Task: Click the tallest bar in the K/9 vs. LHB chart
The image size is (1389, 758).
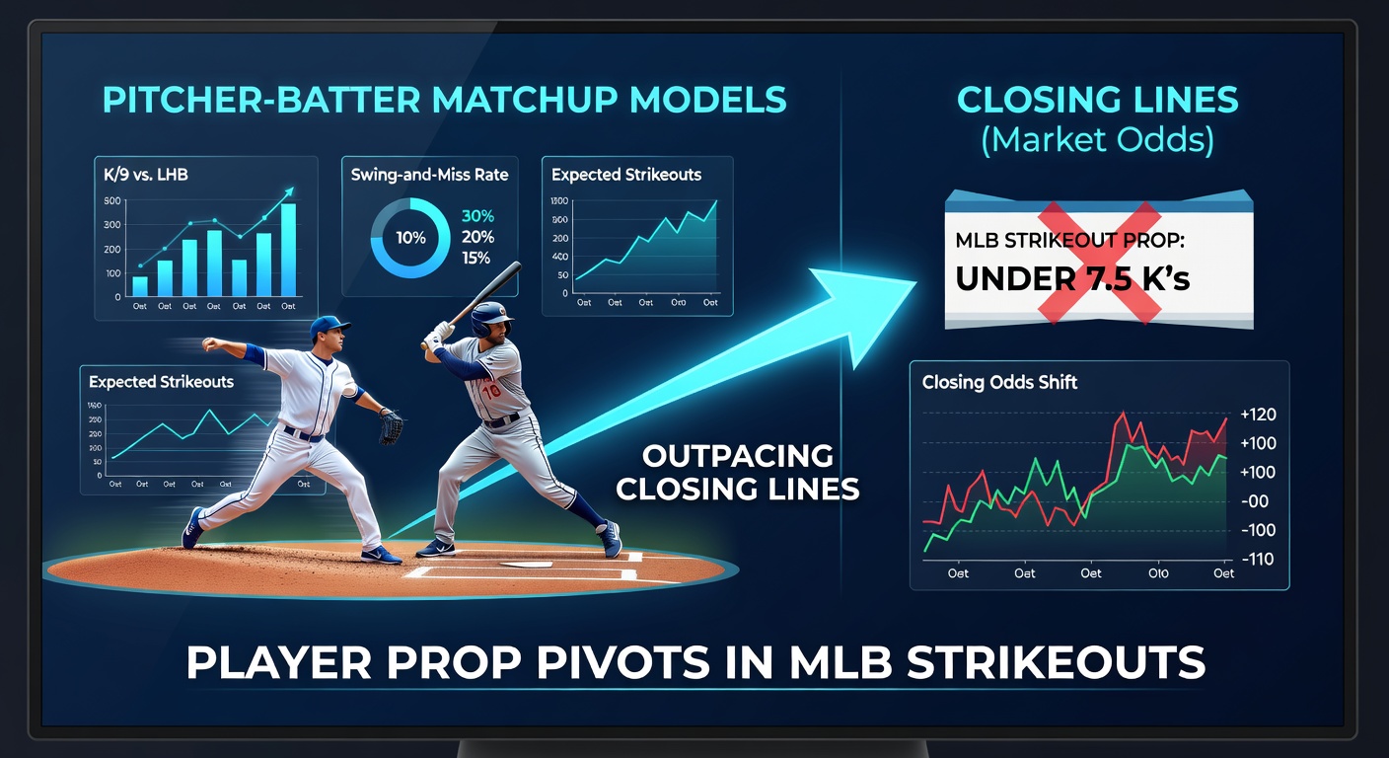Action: [288, 249]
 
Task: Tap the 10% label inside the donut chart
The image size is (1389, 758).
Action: [410, 237]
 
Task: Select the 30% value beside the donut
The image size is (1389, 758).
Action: [477, 216]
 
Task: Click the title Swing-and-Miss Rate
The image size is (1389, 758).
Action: [429, 175]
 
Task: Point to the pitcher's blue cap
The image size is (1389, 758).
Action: [329, 325]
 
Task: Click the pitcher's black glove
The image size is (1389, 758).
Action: [391, 426]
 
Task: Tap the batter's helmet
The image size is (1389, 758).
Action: [490, 317]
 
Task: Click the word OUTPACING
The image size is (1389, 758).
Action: [738, 456]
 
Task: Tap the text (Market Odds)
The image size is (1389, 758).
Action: [1097, 139]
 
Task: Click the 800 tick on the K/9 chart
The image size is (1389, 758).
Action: [111, 200]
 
